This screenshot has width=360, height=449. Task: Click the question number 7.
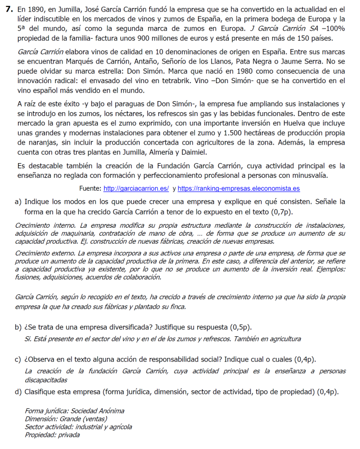[x=8, y=10]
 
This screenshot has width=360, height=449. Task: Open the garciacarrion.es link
[x=136, y=189]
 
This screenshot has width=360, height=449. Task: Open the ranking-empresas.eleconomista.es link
[x=239, y=189]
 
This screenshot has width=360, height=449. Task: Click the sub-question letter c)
[x=19, y=360]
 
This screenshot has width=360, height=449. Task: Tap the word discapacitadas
[x=46, y=380]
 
